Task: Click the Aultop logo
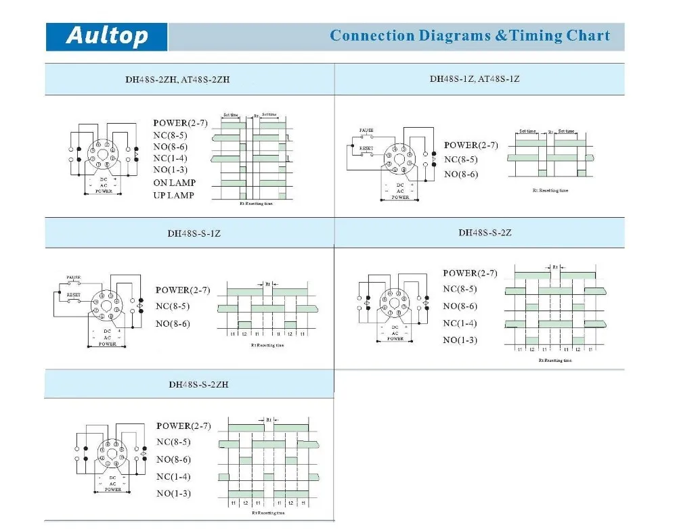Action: click(107, 36)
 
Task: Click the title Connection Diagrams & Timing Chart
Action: click(470, 36)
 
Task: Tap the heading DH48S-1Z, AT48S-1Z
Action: click(475, 78)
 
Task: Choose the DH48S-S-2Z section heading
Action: click(485, 232)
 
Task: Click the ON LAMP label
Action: click(174, 183)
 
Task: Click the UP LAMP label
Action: click(173, 195)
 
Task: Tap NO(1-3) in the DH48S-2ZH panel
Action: click(171, 170)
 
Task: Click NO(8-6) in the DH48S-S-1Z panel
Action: click(173, 324)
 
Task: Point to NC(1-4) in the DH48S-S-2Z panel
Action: click(460, 323)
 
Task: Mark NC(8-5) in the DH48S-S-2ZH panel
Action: click(173, 442)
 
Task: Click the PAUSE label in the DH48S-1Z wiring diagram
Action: click(366, 129)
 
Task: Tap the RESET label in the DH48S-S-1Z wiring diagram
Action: click(74, 295)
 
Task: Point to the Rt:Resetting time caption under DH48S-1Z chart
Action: click(550, 191)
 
